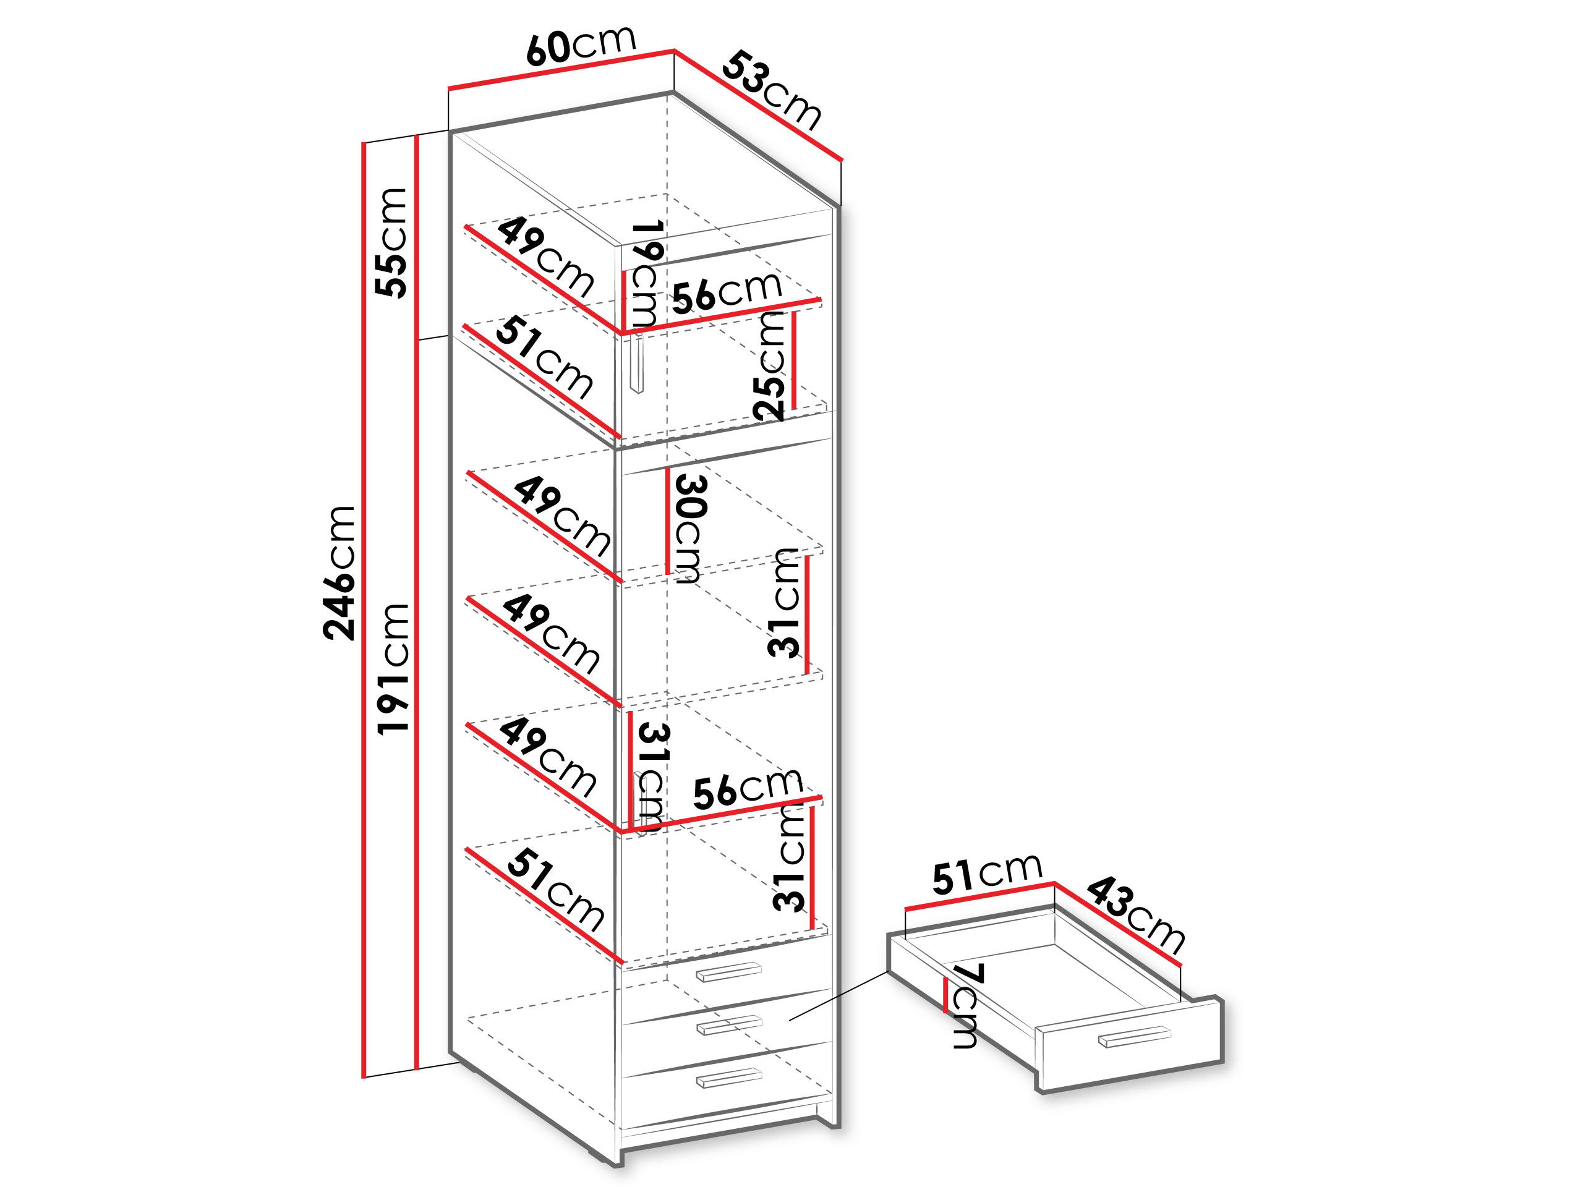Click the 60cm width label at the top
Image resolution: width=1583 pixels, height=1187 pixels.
coord(581,45)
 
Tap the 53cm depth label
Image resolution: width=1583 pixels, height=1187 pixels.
coord(772,90)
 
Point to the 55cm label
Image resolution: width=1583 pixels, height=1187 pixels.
coord(391,242)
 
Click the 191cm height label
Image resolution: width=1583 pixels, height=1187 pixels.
coord(393,669)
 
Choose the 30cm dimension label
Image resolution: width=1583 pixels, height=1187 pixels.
coord(691,529)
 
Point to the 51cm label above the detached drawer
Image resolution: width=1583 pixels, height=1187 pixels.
coord(987,874)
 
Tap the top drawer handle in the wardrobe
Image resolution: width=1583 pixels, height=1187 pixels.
coord(728,972)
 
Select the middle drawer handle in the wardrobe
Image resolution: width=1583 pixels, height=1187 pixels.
coord(728,1024)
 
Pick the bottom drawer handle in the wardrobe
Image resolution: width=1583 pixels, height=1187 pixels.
coord(728,1078)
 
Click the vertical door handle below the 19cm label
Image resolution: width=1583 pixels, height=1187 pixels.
coord(636,364)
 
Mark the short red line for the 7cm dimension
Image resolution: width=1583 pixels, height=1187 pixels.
coord(946,995)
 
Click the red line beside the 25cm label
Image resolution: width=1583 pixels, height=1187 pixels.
coord(793,360)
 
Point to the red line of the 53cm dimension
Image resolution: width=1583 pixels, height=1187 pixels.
coord(759,105)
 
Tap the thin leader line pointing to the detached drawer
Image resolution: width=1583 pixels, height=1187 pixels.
coord(838,995)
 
